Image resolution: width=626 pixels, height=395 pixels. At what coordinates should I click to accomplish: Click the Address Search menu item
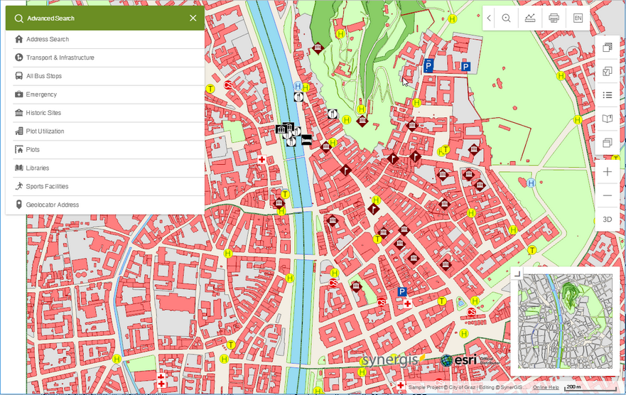coord(48,39)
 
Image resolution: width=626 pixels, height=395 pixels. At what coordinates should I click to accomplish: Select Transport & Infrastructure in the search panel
coord(60,58)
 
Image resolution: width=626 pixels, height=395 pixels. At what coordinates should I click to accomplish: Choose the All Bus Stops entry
coord(44,76)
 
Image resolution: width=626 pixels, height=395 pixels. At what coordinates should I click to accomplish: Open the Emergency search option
coord(41,94)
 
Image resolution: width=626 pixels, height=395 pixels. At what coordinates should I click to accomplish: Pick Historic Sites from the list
coord(43,113)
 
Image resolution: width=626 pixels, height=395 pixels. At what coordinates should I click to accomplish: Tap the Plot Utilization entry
coord(45,131)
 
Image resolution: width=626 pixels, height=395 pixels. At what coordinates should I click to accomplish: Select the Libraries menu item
coord(38,168)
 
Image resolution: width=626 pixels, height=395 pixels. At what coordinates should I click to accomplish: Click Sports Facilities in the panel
coord(47,187)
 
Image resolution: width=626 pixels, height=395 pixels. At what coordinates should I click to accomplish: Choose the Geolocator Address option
coord(53,205)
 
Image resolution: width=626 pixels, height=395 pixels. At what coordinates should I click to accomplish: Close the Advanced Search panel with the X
coord(193,18)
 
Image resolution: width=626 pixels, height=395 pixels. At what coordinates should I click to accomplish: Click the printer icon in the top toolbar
coord(554,18)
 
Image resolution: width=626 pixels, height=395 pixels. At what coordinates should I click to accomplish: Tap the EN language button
coord(578,18)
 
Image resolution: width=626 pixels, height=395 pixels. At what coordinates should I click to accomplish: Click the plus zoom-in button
coord(607,172)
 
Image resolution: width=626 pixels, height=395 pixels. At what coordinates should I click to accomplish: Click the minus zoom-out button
coord(607,195)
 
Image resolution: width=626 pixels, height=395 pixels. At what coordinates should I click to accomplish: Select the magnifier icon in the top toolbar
coord(507,18)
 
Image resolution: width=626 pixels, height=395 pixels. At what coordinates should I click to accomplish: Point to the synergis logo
coord(391,360)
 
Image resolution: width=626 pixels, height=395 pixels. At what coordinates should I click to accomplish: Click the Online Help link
coord(546,387)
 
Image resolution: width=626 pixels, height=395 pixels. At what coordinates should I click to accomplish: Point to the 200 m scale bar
coord(572,387)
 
